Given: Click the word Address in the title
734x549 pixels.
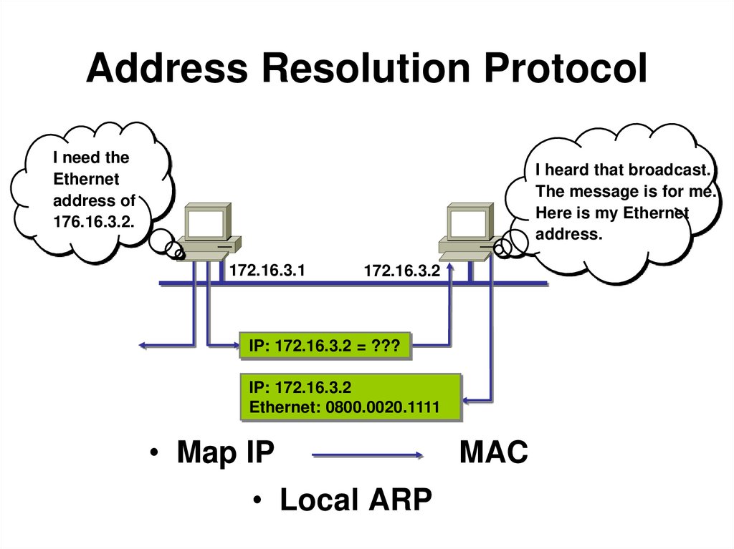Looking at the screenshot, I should tap(166, 69).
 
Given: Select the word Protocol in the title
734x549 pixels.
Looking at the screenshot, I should tap(563, 69).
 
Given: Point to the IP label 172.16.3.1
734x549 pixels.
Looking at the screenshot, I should tap(267, 271).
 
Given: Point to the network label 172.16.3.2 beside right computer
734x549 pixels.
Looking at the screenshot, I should tap(402, 271).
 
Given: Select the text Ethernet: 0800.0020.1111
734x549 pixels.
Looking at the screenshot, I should tap(353, 407).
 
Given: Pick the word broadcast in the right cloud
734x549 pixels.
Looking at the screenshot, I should tap(668, 170).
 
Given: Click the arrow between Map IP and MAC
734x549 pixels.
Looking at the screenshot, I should tap(368, 455).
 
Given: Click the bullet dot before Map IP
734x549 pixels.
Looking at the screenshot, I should tap(153, 455).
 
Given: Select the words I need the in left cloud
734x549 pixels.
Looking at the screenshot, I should tap(91, 157).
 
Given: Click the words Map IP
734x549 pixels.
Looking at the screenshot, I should tap(225, 453).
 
